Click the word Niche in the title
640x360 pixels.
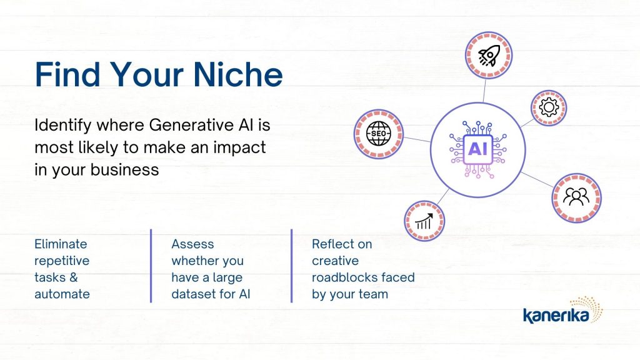pyautogui.click(x=237, y=74)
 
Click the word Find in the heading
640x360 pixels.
pyautogui.click(x=67, y=74)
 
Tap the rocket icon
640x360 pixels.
pyautogui.click(x=489, y=56)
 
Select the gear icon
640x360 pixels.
pyautogui.click(x=549, y=107)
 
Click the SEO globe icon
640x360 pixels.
pyautogui.click(x=379, y=134)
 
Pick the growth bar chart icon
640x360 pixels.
pyautogui.click(x=424, y=221)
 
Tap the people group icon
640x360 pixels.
pyautogui.click(x=576, y=197)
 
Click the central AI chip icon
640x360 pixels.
pyautogui.click(x=478, y=149)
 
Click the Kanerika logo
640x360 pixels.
pyautogui.click(x=563, y=311)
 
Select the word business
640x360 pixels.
pyautogui.click(x=124, y=170)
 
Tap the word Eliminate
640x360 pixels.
pyautogui.click(x=61, y=244)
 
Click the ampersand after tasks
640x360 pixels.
pyautogui.click(x=74, y=277)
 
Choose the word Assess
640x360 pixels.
pyautogui.click(x=192, y=244)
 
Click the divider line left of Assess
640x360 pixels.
pyautogui.click(x=151, y=266)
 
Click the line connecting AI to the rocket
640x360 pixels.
pyautogui.click(x=484, y=90)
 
